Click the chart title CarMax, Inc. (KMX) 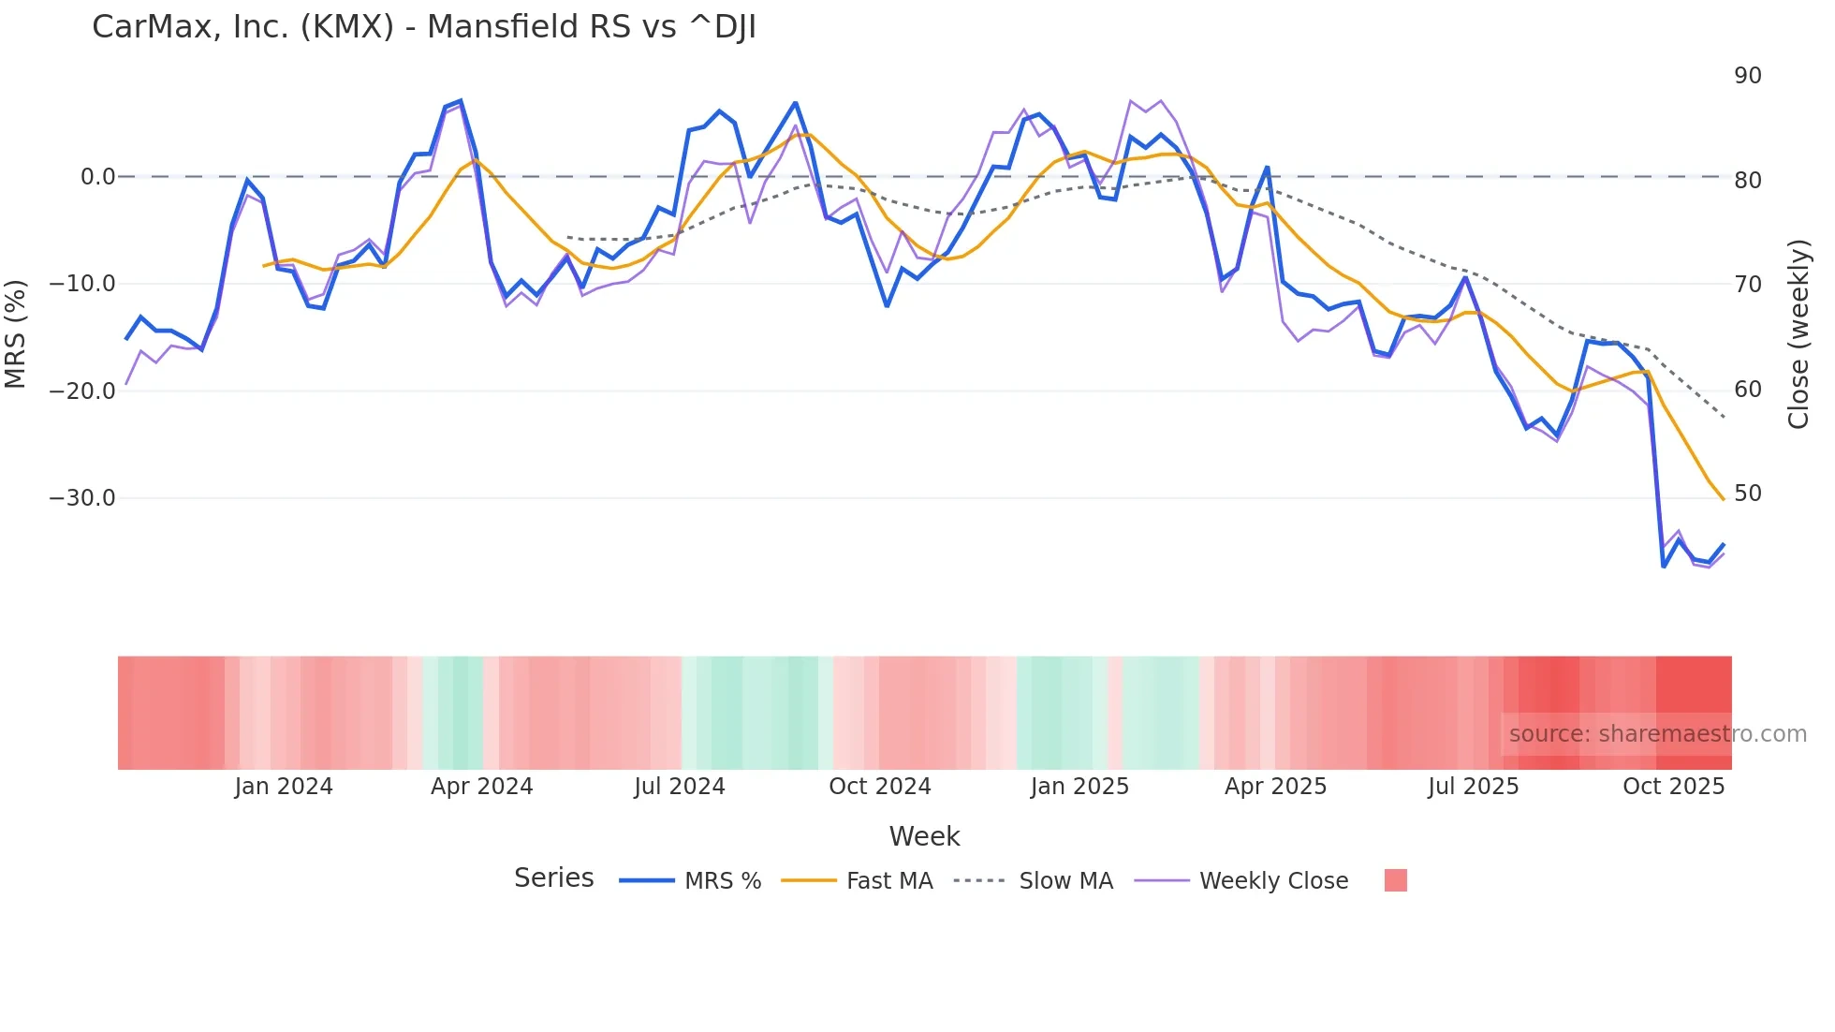(423, 27)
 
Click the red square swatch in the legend (1395, 880)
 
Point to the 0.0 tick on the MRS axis (97, 177)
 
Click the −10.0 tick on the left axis (82, 284)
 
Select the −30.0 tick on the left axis (82, 498)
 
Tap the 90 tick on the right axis (1748, 76)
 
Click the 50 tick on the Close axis (1748, 494)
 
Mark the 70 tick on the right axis (1748, 285)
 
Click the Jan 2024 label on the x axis (284, 787)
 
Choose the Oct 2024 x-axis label (880, 787)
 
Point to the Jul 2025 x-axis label (1473, 787)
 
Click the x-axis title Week (924, 836)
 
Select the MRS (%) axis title (15, 333)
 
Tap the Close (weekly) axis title (1798, 334)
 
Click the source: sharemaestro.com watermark (1657, 734)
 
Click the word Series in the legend (553, 878)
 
